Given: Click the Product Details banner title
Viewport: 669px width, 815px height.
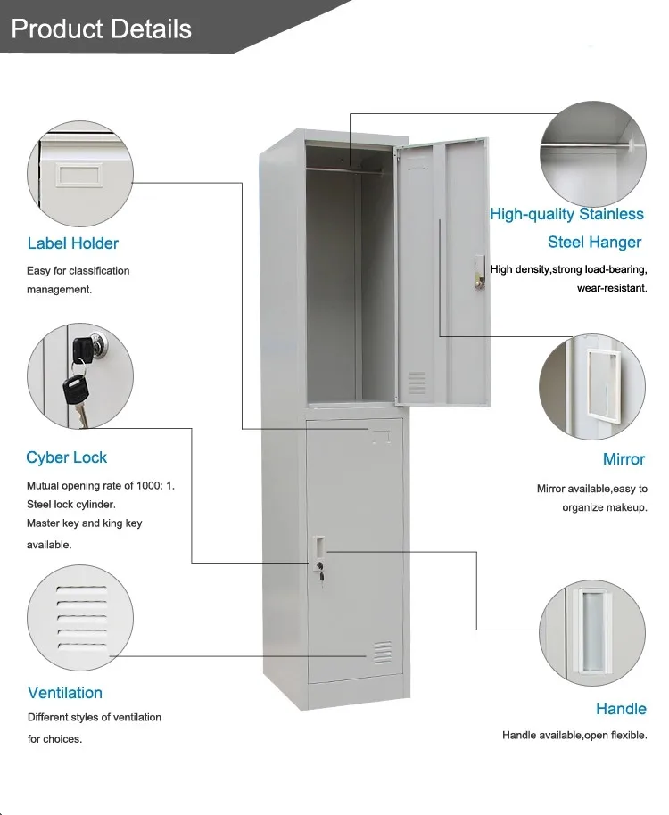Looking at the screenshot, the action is click(x=101, y=29).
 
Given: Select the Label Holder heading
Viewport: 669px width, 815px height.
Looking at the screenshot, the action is click(x=72, y=243).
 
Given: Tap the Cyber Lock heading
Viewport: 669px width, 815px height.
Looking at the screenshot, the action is click(x=66, y=457).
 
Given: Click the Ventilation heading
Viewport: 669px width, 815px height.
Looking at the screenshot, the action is click(x=65, y=693).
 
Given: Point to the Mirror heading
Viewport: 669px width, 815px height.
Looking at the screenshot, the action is click(x=624, y=459).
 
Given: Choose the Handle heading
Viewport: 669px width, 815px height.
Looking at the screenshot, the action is click(x=621, y=709).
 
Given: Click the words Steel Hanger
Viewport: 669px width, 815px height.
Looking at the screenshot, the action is click(x=594, y=242).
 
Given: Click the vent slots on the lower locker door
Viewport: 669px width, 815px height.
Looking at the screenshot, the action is click(x=382, y=654).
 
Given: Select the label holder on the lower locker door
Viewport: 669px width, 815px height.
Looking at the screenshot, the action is click(x=382, y=436).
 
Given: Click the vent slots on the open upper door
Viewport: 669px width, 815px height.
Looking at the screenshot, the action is click(x=417, y=383).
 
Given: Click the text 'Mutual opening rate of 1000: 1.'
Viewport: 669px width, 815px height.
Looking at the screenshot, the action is click(x=100, y=486).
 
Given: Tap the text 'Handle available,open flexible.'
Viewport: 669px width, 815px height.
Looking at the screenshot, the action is click(x=574, y=736).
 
